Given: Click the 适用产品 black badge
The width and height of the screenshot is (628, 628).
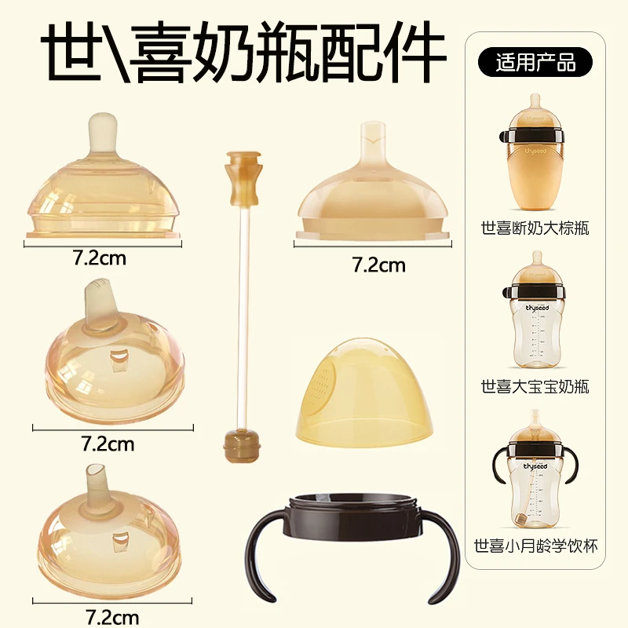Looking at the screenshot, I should (x=536, y=61).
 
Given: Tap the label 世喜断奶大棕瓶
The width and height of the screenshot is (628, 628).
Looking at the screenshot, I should (x=536, y=229).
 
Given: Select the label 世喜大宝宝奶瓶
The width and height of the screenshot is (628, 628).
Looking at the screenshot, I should (x=536, y=386).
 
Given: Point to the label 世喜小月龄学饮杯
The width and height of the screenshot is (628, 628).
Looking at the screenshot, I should (x=536, y=544).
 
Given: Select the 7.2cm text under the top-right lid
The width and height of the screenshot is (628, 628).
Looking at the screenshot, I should (x=379, y=265).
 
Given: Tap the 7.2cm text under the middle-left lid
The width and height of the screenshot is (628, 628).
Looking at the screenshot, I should (x=108, y=444).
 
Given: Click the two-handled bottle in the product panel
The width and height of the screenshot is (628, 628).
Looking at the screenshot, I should (x=536, y=479).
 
